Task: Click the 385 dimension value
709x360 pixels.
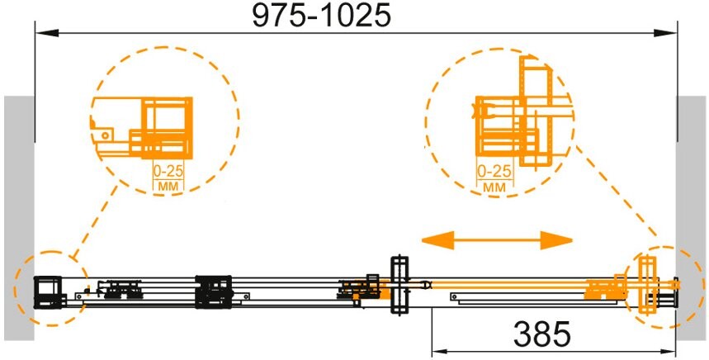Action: click(541, 334)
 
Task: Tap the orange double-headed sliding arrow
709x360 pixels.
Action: click(497, 240)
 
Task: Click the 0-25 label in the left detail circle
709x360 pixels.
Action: click(169, 172)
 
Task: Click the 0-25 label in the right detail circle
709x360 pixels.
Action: click(495, 172)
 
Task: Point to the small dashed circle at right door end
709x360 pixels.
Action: click(659, 286)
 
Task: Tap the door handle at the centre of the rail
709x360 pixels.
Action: click(399, 285)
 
